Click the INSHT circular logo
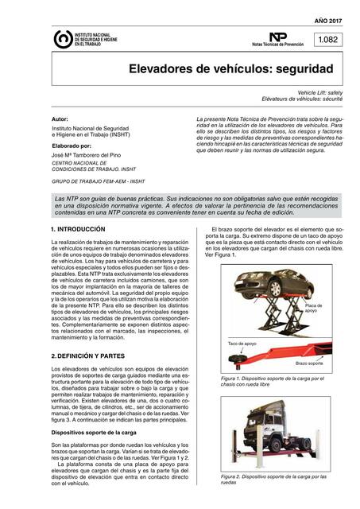(62, 40)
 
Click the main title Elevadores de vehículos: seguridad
(231, 69)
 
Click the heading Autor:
(59, 118)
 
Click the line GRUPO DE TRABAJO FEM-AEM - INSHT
(98, 181)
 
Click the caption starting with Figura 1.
(270, 381)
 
